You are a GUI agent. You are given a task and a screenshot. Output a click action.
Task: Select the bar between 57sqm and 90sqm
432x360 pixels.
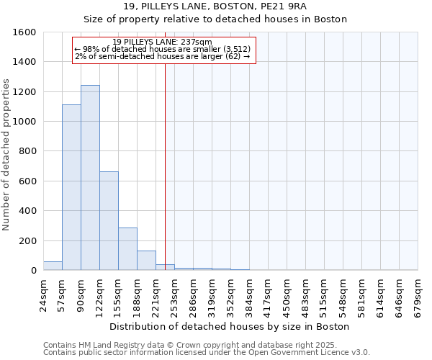pos(71,187)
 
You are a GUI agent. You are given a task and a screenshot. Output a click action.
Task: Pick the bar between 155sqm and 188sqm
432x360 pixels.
pos(127,249)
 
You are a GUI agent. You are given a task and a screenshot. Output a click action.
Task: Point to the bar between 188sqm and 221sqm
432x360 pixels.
pos(146,261)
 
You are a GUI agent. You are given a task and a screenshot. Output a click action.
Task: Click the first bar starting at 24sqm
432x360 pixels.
pos(53,266)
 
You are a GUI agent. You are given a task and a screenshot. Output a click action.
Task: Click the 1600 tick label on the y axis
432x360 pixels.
pos(24,32)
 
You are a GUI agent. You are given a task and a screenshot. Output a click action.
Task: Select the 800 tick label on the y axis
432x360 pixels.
pos(27,151)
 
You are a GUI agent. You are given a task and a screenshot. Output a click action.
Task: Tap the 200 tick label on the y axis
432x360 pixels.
pos(27,240)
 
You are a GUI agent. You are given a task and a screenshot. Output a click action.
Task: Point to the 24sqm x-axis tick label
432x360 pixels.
pos(43,294)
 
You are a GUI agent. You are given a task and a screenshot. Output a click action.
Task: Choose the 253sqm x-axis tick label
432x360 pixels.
pos(174,294)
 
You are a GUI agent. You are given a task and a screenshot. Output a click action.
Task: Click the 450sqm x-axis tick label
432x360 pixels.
pos(287,294)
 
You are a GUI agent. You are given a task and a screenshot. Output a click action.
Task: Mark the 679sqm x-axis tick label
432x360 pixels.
pos(418,294)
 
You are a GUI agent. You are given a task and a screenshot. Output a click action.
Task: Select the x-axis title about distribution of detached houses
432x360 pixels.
pos(230,326)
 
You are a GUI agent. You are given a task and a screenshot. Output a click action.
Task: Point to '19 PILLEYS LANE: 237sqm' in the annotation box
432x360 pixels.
pos(162,42)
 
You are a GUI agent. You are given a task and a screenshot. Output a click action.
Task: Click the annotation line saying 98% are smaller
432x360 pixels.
pos(162,49)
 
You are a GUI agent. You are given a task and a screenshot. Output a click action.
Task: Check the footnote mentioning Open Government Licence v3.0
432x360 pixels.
pos(207,352)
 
